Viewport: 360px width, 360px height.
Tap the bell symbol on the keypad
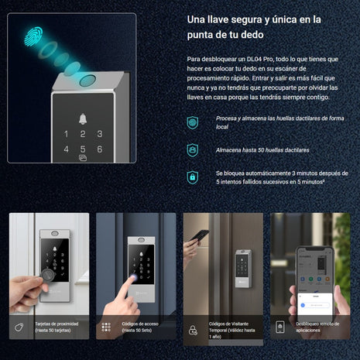(83, 118)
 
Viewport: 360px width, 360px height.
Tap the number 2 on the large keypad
(83, 132)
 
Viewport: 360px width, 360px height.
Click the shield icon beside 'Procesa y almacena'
(192, 122)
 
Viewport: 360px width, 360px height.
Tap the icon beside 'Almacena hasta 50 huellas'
(192, 149)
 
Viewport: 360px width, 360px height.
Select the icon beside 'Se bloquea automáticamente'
(192, 177)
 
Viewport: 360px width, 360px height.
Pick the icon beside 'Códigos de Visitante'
(194, 330)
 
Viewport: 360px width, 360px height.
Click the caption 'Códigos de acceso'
(139, 324)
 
